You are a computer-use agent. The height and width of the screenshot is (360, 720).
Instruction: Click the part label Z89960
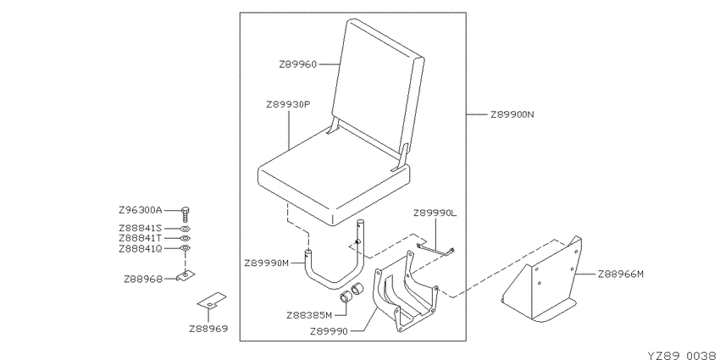298,64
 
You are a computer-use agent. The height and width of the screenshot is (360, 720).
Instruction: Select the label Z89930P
288,105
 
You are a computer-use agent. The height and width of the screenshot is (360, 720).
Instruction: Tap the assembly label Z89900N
512,114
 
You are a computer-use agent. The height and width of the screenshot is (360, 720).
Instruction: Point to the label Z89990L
435,213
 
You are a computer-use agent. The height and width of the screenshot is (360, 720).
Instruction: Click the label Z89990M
267,263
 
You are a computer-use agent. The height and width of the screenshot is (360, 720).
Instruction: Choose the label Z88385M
309,315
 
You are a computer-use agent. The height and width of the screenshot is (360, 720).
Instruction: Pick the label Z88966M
621,274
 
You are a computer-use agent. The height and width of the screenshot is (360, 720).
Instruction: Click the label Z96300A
141,211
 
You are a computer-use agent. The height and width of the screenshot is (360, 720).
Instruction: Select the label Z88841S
141,228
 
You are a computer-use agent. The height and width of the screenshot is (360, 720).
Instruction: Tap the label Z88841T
141,238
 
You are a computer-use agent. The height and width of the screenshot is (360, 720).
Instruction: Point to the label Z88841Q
141,249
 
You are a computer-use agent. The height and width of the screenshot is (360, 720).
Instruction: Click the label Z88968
143,279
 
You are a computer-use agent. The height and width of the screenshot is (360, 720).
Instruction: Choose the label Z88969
208,329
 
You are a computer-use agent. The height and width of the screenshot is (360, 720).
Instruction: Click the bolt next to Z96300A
186,215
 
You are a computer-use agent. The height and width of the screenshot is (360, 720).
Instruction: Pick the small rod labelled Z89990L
435,250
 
